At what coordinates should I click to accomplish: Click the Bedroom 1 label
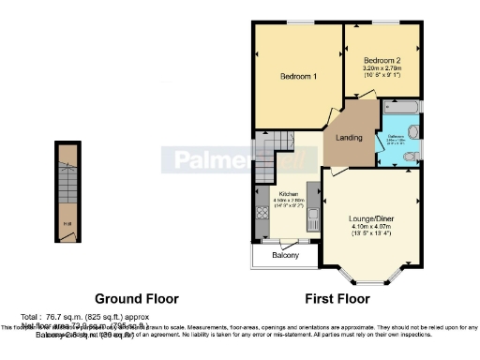click(x=298, y=76)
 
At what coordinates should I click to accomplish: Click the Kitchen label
click(x=288, y=194)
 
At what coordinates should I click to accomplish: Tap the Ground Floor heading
click(x=137, y=299)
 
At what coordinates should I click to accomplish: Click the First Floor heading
click(x=337, y=299)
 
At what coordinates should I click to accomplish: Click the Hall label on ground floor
click(x=66, y=222)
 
